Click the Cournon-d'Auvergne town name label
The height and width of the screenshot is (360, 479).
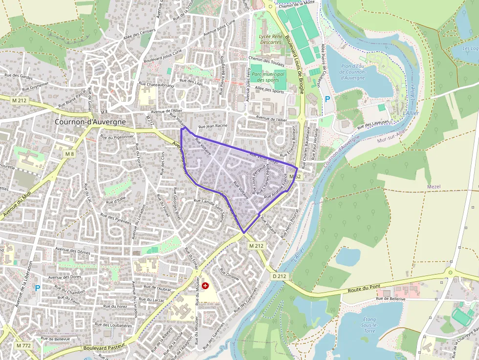90,122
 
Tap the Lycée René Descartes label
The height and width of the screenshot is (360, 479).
270,39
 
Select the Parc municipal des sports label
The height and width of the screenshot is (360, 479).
267,77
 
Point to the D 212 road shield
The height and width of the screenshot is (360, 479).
279,276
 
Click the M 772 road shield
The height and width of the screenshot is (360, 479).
23,345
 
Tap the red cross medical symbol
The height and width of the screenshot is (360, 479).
205,285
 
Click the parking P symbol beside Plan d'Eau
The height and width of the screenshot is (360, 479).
327,99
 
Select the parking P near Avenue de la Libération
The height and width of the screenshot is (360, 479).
37,288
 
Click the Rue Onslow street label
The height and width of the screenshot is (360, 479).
229,274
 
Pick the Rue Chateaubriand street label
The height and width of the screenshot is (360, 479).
156,85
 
